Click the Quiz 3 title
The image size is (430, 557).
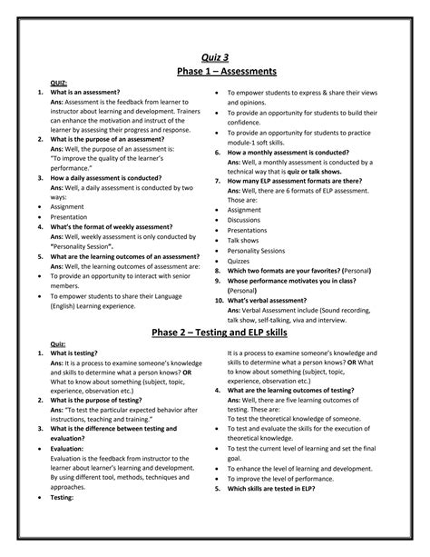(x=215, y=58)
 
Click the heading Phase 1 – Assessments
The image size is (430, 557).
(x=215, y=72)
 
